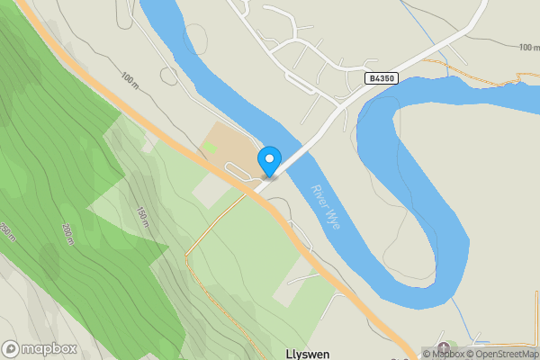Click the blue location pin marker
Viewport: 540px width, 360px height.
click(268, 161)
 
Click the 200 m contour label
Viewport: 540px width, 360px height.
click(67, 232)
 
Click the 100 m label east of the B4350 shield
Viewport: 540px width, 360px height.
click(529, 46)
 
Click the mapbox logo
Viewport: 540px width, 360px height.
click(40, 349)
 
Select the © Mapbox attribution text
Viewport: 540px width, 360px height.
click(442, 354)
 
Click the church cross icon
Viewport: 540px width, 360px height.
click(442, 348)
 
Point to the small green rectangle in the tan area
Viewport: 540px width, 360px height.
click(210, 147)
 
